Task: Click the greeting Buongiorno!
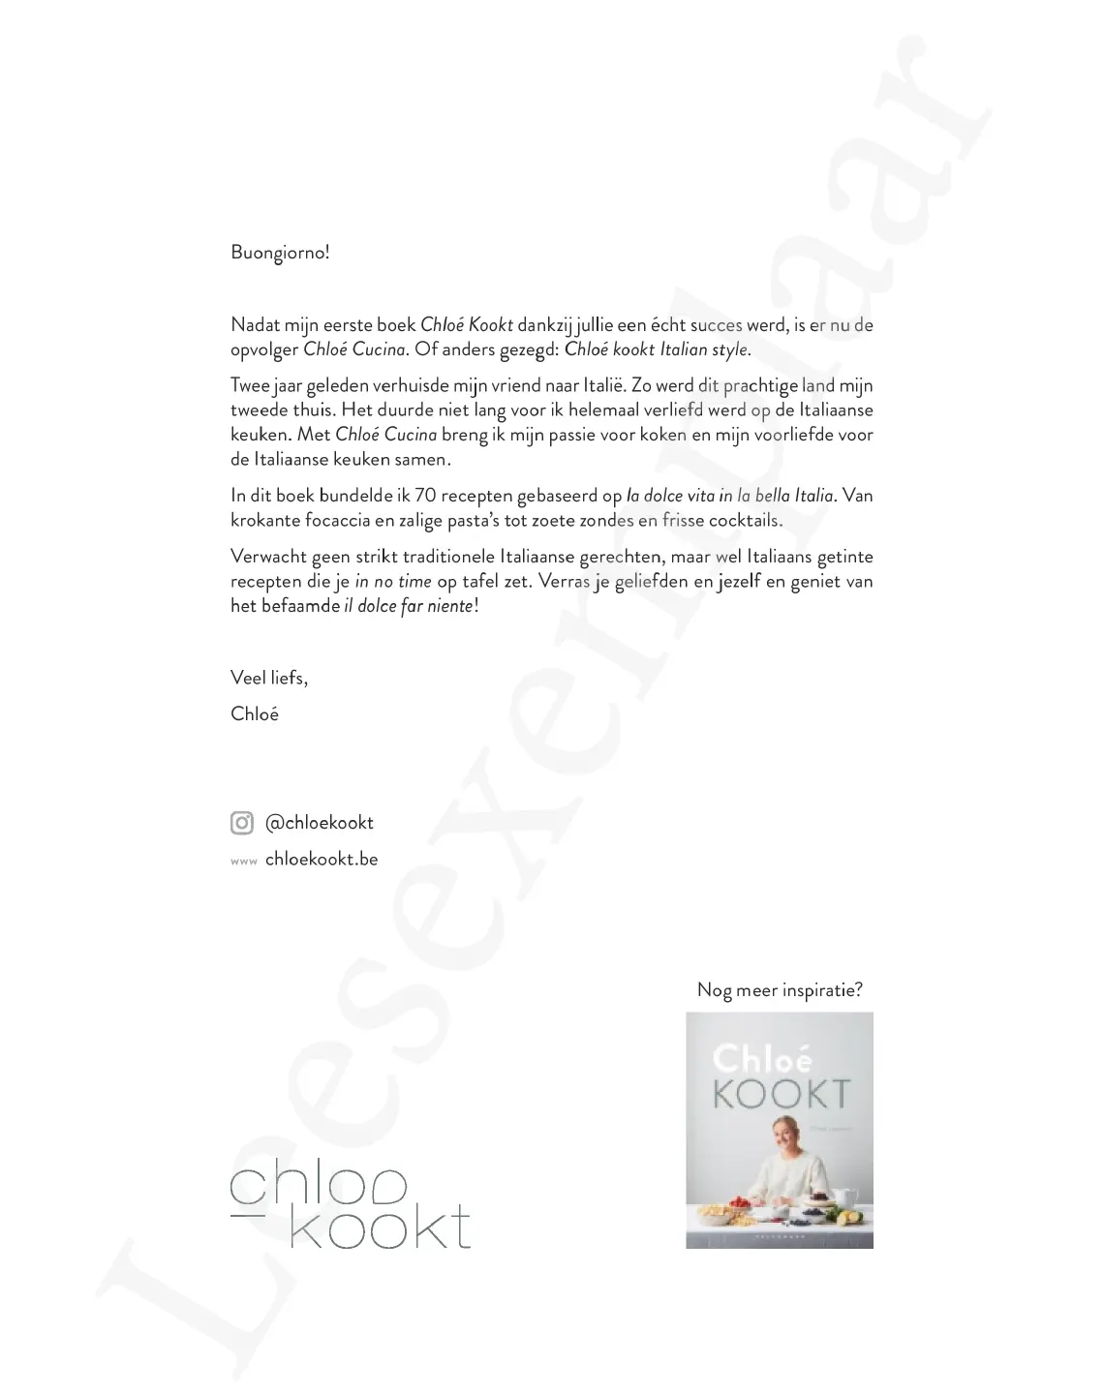[x=280, y=253]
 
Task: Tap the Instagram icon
[x=242, y=823]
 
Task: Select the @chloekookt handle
[x=320, y=823]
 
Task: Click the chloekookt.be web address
[x=322, y=860]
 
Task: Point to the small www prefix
[x=243, y=862]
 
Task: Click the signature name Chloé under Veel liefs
[x=255, y=714]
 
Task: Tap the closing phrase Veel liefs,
[x=269, y=678]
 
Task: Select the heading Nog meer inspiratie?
[x=780, y=990]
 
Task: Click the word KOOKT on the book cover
[x=782, y=1094]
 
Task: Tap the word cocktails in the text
[x=745, y=520]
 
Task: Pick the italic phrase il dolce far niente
[x=409, y=606]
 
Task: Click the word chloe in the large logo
[x=320, y=1187]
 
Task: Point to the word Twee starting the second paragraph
[x=250, y=386]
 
